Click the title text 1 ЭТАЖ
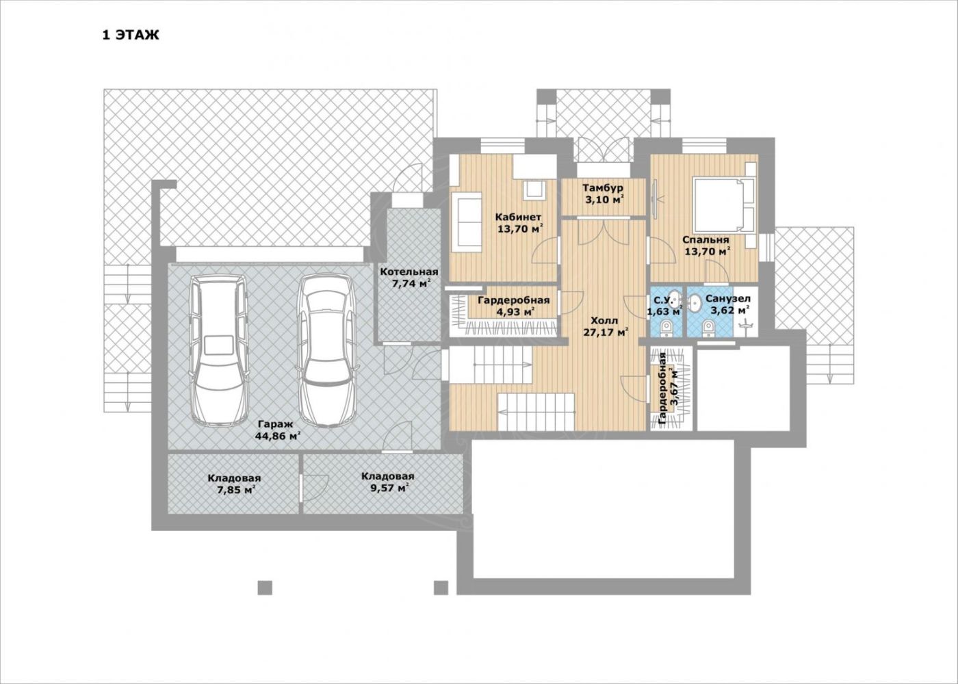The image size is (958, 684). click(130, 35)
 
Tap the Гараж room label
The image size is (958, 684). click(275, 424)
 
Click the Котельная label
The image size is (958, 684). click(409, 272)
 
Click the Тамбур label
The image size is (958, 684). click(603, 187)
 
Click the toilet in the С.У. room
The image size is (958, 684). click(666, 329)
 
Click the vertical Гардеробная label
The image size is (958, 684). click(662, 389)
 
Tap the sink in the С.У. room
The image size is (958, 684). click(675, 298)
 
